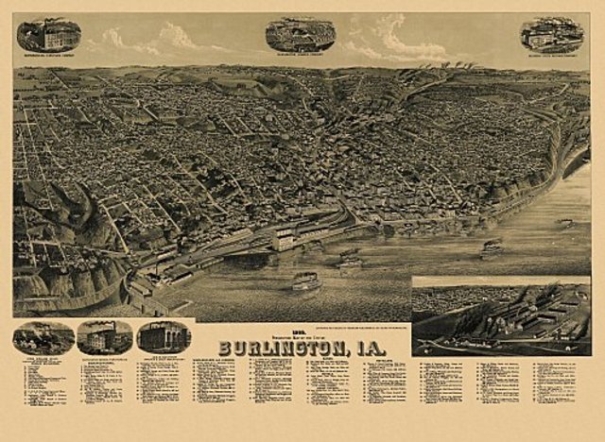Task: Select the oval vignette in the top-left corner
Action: [x=48, y=35]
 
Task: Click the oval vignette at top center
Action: [x=301, y=34]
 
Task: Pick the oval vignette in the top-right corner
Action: [x=552, y=34]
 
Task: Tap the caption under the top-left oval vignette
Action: [x=48, y=56]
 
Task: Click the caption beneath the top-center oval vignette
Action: [x=301, y=55]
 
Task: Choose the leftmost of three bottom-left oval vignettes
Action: [x=43, y=337]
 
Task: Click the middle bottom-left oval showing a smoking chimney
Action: [x=105, y=336]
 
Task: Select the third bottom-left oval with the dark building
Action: [x=164, y=336]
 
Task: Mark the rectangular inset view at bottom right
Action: [x=500, y=316]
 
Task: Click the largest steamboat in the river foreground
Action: [x=305, y=281]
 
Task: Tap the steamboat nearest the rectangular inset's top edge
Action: [x=491, y=249]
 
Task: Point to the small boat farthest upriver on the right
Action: [x=565, y=224]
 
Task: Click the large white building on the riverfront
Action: [x=283, y=241]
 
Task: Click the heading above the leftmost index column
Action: [x=43, y=359]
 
